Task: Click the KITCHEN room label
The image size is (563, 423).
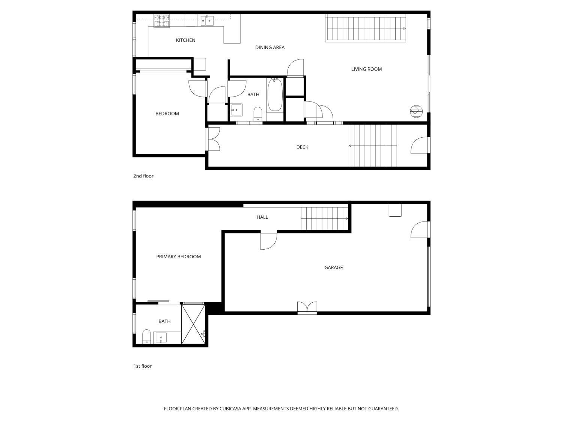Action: pyautogui.click(x=185, y=40)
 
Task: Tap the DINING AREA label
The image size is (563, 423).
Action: pyautogui.click(x=269, y=47)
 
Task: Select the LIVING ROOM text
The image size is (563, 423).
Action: pyautogui.click(x=366, y=69)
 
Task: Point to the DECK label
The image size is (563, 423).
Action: pyautogui.click(x=302, y=147)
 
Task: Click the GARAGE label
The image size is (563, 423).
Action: pyautogui.click(x=333, y=268)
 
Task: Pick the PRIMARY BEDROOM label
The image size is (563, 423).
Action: pyautogui.click(x=179, y=256)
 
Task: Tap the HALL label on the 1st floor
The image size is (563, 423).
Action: pyautogui.click(x=262, y=217)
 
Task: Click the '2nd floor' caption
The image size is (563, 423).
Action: pyautogui.click(x=143, y=176)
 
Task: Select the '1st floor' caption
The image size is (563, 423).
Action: pyautogui.click(x=142, y=366)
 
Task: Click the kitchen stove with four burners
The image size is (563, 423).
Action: pyautogui.click(x=162, y=21)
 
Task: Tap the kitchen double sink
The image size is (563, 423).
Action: pyautogui.click(x=207, y=20)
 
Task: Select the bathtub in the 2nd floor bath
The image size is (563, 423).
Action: pyautogui.click(x=275, y=94)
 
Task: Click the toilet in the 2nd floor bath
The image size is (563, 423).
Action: pyautogui.click(x=257, y=114)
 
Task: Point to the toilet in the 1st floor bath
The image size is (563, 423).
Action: pyautogui.click(x=146, y=337)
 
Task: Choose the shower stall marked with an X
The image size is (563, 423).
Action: pyautogui.click(x=193, y=324)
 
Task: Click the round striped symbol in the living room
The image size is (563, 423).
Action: pyautogui.click(x=416, y=111)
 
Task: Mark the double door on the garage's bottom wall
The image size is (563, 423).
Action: pyautogui.click(x=307, y=308)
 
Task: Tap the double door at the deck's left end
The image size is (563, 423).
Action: pyautogui.click(x=213, y=139)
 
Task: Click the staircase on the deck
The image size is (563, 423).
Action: pyautogui.click(x=373, y=146)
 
